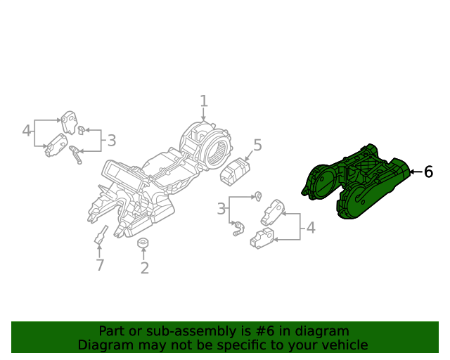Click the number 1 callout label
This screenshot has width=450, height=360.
tap(204, 101)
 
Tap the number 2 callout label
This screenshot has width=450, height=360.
tap(144, 268)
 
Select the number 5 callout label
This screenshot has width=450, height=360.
tap(257, 146)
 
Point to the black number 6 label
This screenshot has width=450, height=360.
tap(428, 172)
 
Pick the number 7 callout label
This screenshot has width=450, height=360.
tap(100, 265)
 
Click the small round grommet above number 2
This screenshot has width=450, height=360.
tap(143, 243)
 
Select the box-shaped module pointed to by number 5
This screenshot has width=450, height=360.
tap(235, 171)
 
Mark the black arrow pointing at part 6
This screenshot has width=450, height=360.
tap(415, 172)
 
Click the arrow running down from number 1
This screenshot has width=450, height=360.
tap(204, 117)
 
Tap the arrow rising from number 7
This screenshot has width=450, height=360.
tap(100, 251)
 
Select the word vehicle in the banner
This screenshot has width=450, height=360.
tap(345, 345)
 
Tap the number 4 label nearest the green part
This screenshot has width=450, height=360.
tap(309, 228)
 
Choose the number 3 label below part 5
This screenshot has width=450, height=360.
tap(221, 209)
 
